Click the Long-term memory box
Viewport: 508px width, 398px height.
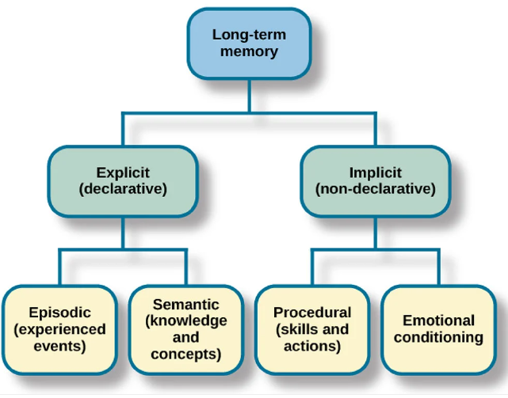tap(249, 44)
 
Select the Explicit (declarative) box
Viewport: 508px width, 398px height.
tap(123, 181)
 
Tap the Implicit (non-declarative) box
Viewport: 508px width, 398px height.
tap(376, 181)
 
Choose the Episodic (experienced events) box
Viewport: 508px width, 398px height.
tap(59, 329)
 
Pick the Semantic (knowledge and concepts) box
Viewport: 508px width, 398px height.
tap(186, 329)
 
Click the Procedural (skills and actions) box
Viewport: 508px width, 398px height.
tap(312, 329)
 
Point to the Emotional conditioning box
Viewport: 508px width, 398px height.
tap(439, 329)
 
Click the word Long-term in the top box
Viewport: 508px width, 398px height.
tap(249, 35)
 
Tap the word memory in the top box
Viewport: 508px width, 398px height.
tap(249, 51)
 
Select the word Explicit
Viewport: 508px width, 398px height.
tap(123, 172)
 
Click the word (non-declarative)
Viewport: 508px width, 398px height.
tap(376, 189)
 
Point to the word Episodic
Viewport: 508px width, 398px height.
tap(60, 313)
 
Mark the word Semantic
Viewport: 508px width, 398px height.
tap(186, 305)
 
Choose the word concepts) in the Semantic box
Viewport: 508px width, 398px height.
tap(186, 354)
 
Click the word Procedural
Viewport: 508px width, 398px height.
tap(312, 313)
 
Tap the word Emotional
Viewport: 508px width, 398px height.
tap(439, 320)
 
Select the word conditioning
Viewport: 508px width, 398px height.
tap(439, 338)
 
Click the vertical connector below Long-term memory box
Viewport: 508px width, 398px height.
tap(249, 96)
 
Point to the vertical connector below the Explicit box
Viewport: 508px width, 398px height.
tap(123, 233)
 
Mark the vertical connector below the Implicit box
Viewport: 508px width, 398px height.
tap(376, 233)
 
